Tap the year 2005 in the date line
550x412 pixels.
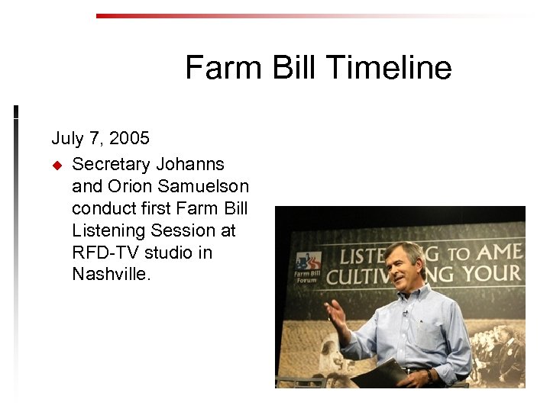click(x=129, y=138)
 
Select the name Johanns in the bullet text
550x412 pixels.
click(x=190, y=163)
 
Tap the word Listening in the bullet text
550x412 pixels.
click(x=103, y=230)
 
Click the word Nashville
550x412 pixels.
click(x=112, y=274)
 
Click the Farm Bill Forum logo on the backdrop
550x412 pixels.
click(x=308, y=267)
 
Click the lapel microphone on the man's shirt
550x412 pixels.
click(x=405, y=312)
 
